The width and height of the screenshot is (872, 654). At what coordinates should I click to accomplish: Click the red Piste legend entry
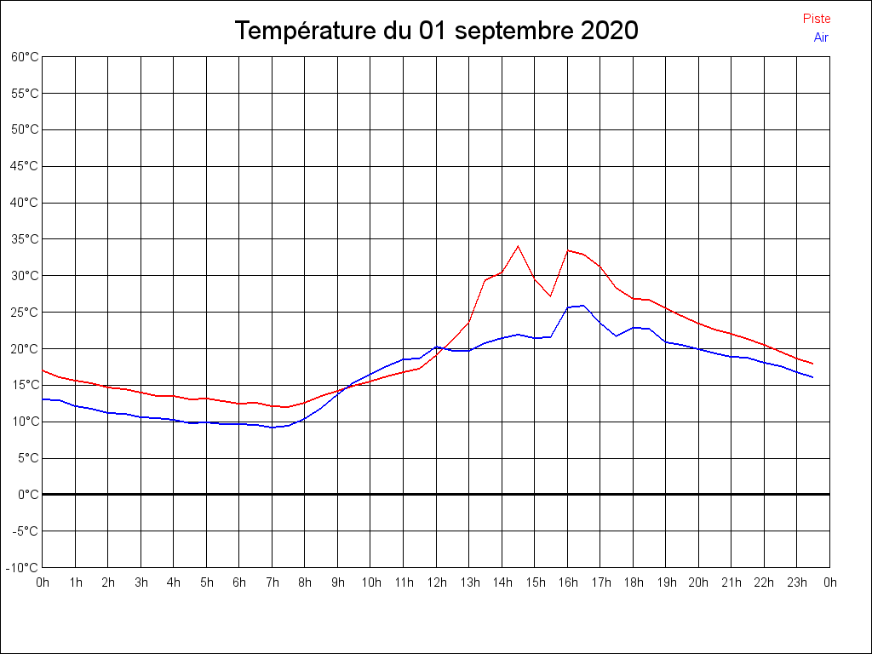point(817,19)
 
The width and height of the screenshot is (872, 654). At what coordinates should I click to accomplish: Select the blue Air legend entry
point(821,37)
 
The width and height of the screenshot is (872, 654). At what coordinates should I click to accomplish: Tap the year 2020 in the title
point(609,32)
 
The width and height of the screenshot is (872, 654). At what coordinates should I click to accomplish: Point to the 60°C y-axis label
point(25,57)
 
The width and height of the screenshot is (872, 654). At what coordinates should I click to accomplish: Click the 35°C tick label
point(25,239)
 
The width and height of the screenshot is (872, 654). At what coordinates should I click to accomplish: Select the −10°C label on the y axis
point(23,568)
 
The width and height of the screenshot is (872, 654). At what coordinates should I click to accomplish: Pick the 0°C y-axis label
point(28,495)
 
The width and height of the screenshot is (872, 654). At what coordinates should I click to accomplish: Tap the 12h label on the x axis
point(436,583)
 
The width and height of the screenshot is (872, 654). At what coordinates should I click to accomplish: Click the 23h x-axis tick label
point(797,583)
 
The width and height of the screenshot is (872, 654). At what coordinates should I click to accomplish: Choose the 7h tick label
point(272,583)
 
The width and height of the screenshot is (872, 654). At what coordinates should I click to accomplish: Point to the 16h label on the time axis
point(568,583)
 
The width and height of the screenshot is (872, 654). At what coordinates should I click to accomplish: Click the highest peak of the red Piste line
point(518,246)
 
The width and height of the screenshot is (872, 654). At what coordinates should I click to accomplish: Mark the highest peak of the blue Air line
point(583,305)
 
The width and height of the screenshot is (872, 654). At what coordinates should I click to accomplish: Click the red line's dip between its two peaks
point(551,295)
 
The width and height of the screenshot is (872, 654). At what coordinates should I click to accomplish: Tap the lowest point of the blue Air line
point(272,427)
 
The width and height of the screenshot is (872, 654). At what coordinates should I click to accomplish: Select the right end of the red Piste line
point(813,364)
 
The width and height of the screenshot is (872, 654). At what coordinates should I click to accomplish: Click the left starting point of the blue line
point(43,399)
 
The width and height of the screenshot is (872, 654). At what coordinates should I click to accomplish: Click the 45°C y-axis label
point(25,166)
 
